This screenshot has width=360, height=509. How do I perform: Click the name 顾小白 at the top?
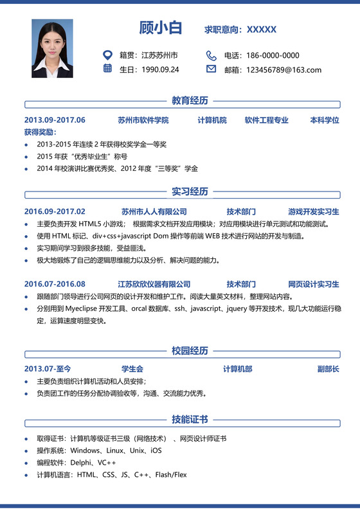pyautogui.click(x=161, y=28)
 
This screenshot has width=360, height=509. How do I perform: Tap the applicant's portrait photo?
pyautogui.click(x=52, y=48)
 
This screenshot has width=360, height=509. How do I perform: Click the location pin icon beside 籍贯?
pyautogui.click(x=107, y=55)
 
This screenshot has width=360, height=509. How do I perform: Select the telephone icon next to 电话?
pyautogui.click(x=211, y=55)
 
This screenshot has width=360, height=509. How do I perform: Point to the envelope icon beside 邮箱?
pyautogui.click(x=211, y=69)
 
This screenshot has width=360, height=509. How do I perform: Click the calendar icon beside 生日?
pyautogui.click(x=107, y=69)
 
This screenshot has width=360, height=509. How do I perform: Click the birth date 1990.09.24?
pyautogui.click(x=160, y=69)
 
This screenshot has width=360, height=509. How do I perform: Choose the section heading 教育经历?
pyautogui.click(x=190, y=100)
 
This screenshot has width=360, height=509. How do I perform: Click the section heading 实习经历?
pyautogui.click(x=190, y=192)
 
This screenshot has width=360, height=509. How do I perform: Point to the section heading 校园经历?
pyautogui.click(x=190, y=350)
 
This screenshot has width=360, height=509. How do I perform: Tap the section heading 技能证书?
pyautogui.click(x=190, y=419)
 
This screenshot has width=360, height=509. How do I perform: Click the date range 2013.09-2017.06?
pyautogui.click(x=55, y=120)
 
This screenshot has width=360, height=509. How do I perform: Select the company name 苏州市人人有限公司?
pyautogui.click(x=154, y=211)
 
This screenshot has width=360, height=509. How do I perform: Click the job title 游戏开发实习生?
pyautogui.click(x=314, y=211)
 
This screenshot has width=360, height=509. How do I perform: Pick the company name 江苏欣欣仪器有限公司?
pyautogui.click(x=154, y=284)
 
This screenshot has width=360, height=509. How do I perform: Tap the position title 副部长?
pyautogui.click(x=328, y=369)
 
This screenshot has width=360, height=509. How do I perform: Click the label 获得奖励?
pyautogui.click(x=40, y=132)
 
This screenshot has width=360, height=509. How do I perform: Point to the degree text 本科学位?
pyautogui.click(x=324, y=120)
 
